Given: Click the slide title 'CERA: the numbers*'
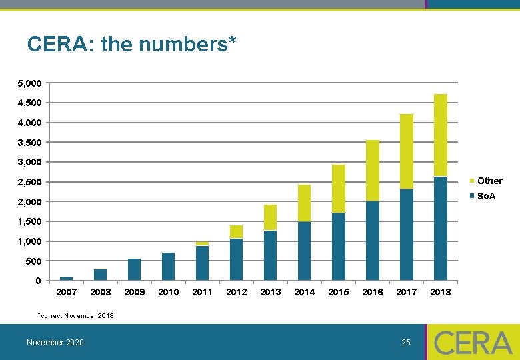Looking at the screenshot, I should point(132,45).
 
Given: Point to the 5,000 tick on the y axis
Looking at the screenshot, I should point(29,83).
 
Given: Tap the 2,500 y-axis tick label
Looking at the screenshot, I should point(29,182).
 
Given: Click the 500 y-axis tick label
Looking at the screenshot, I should point(33,261).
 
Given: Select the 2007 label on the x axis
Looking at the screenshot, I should point(67,292).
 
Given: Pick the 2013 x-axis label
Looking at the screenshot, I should point(271,292).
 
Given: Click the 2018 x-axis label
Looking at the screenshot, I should point(441,292).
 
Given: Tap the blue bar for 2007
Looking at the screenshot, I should point(67,278).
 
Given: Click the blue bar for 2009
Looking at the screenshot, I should point(135,269).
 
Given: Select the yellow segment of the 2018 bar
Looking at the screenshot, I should point(441,135).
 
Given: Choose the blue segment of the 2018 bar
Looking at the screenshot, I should point(441,228).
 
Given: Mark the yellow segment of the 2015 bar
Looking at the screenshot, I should point(339,189).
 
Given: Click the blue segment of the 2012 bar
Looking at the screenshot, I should point(237,259).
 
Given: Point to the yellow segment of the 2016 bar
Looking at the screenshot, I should point(373,170).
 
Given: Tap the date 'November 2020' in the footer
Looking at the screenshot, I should point(55,343).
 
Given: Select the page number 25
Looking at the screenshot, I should point(406,343).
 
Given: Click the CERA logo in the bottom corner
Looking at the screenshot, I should point(473,343).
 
